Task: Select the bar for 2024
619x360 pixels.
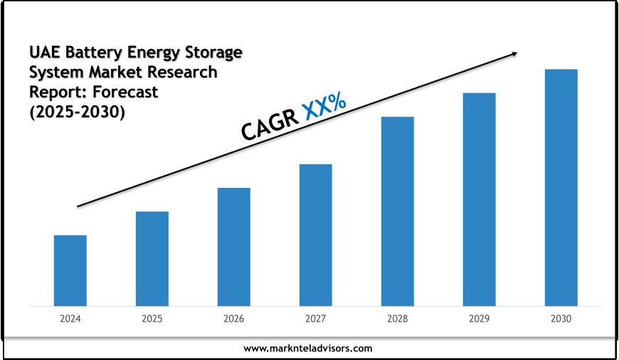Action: coord(70,270)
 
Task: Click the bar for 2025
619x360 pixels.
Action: coord(152,258)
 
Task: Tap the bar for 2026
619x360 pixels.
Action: coord(234,247)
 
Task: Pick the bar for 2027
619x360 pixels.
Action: coord(316,235)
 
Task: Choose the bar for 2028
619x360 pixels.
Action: coord(398,211)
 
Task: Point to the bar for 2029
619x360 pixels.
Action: coord(480,199)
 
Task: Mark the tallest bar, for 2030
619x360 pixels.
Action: coord(561,187)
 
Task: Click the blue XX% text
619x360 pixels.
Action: coord(324,107)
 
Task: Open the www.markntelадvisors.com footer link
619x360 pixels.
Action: coord(308,348)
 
